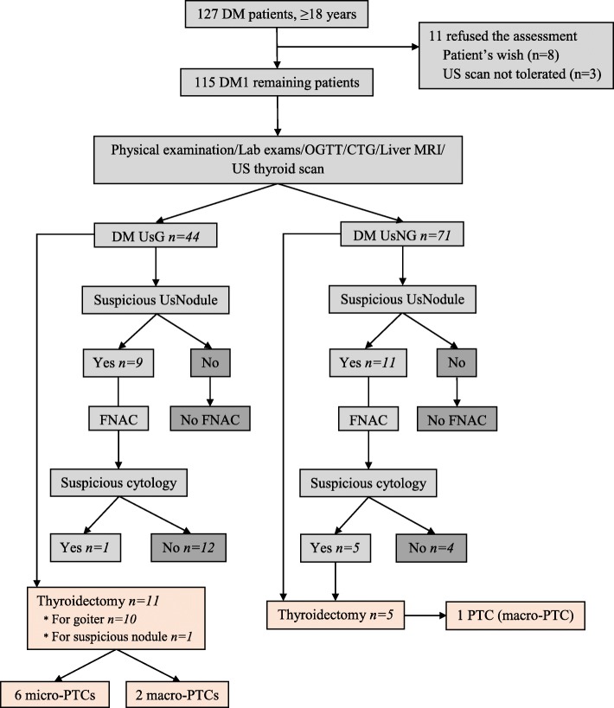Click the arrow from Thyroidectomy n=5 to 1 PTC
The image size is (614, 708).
click(x=429, y=617)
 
